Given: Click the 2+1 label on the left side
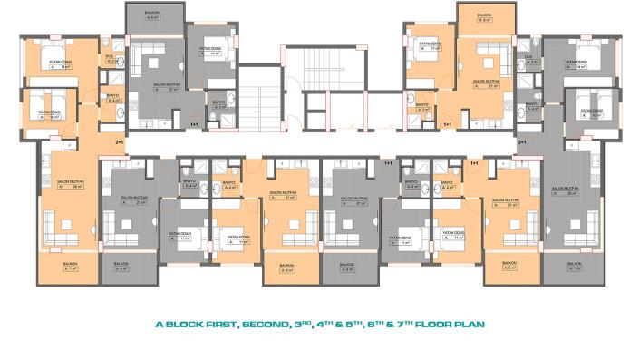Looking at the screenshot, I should point(119,142).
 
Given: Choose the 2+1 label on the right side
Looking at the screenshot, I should point(521,142).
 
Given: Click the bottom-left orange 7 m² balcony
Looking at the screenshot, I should point(69,266).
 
